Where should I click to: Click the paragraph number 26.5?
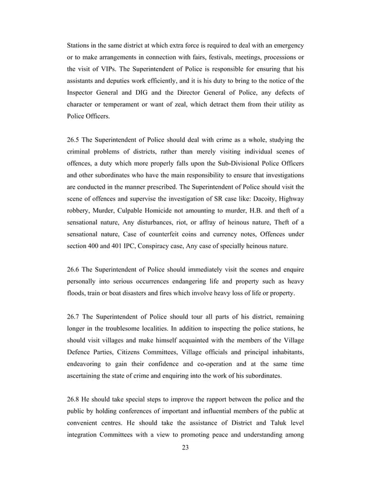74,140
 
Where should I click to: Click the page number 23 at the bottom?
185,447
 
